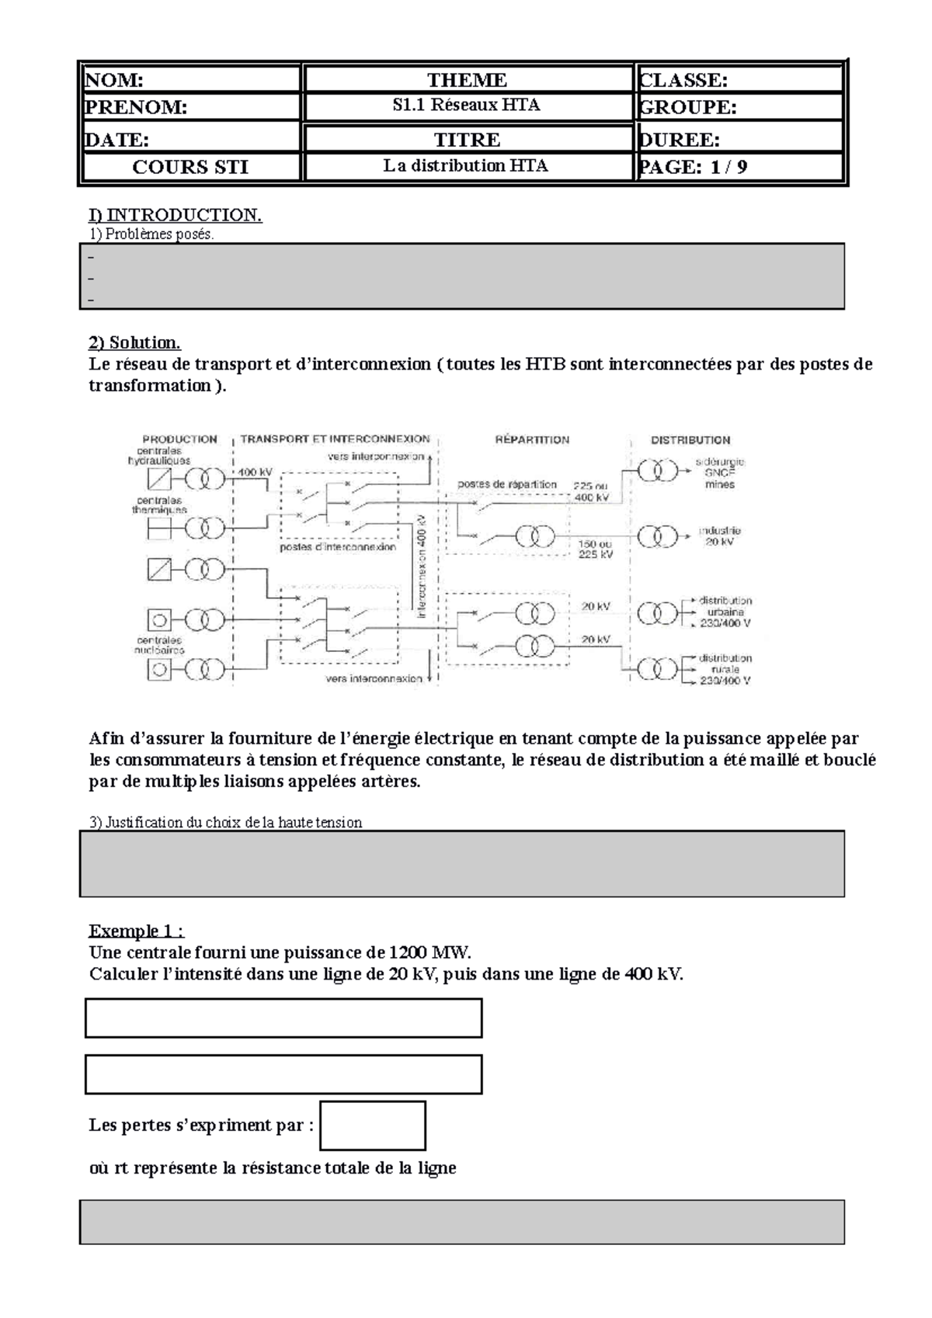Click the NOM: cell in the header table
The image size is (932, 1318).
pyautogui.click(x=190, y=80)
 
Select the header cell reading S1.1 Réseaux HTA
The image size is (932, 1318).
pyautogui.click(x=467, y=106)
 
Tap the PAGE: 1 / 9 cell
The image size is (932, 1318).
pyautogui.click(x=739, y=167)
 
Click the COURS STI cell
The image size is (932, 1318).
pyautogui.click(x=190, y=167)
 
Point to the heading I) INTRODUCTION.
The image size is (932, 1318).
pyautogui.click(x=175, y=215)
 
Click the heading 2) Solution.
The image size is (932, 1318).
pyautogui.click(x=134, y=342)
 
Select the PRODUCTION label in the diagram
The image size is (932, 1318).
pyautogui.click(x=179, y=439)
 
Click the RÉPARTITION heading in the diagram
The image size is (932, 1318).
pyautogui.click(x=532, y=439)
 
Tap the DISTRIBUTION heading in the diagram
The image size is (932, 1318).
pyautogui.click(x=690, y=439)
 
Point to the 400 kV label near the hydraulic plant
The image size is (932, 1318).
pyautogui.click(x=255, y=472)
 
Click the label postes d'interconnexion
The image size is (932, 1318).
pyautogui.click(x=338, y=547)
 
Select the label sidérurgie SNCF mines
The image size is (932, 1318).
pyautogui.click(x=719, y=473)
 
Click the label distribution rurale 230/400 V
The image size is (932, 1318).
pyautogui.click(x=725, y=669)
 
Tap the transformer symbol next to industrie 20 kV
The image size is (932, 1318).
pyautogui.click(x=658, y=536)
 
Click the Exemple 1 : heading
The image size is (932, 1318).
pyautogui.click(x=137, y=931)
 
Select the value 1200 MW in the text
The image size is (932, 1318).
pyautogui.click(x=429, y=952)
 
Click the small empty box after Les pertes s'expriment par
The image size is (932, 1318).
pyautogui.click(x=373, y=1126)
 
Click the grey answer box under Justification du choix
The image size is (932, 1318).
pyautogui.click(x=462, y=864)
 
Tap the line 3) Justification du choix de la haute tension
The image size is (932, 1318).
pyautogui.click(x=225, y=822)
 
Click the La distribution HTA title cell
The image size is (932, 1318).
pyautogui.click(x=467, y=166)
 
